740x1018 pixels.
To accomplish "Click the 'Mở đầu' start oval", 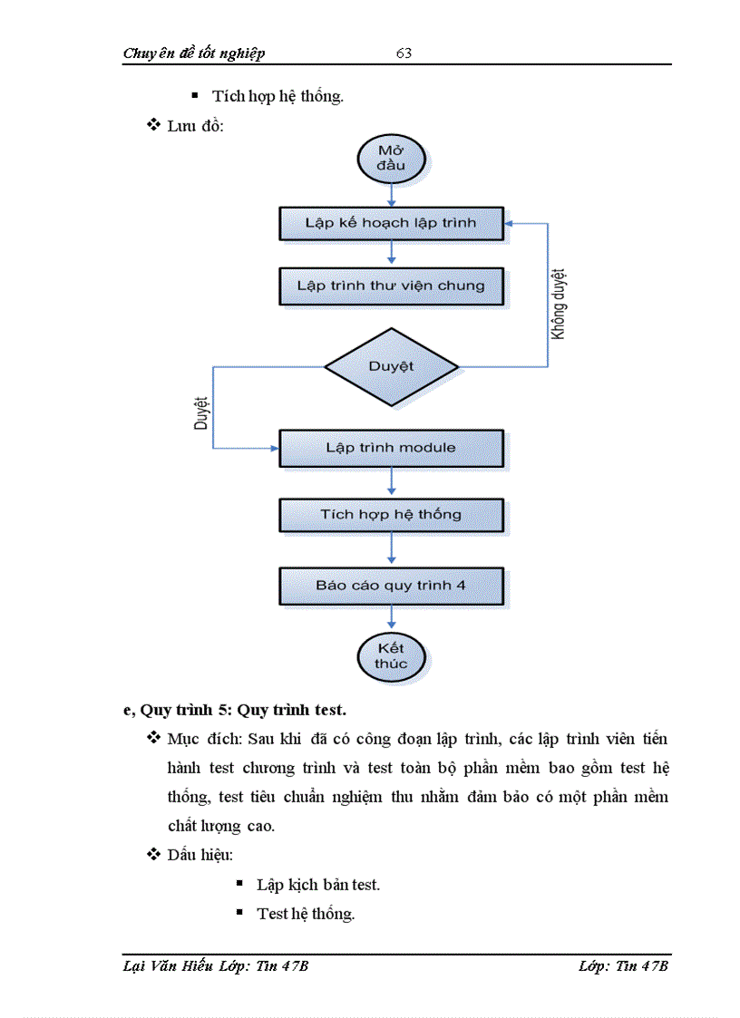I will [x=391, y=159].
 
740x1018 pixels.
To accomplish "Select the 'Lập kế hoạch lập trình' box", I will [x=391, y=223].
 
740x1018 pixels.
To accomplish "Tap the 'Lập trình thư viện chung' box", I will [x=391, y=286].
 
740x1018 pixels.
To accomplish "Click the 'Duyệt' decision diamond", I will [x=391, y=366].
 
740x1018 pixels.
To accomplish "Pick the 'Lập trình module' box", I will [x=391, y=448].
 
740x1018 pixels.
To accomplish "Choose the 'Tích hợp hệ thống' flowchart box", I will [x=391, y=515].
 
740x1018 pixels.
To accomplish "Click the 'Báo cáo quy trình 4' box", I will [x=391, y=586].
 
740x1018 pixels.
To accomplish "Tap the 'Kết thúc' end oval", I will [x=391, y=655].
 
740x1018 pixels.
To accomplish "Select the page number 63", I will [x=404, y=53].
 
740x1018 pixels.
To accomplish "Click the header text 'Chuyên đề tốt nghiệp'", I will [x=194, y=53].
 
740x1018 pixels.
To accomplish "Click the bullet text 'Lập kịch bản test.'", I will [x=318, y=884].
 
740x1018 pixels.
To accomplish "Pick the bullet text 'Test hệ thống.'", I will [x=306, y=913].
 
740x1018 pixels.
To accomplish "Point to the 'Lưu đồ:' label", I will [x=195, y=125].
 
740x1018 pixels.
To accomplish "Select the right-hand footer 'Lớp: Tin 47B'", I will [x=623, y=965].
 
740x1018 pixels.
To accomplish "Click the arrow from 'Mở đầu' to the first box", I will [x=391, y=193].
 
